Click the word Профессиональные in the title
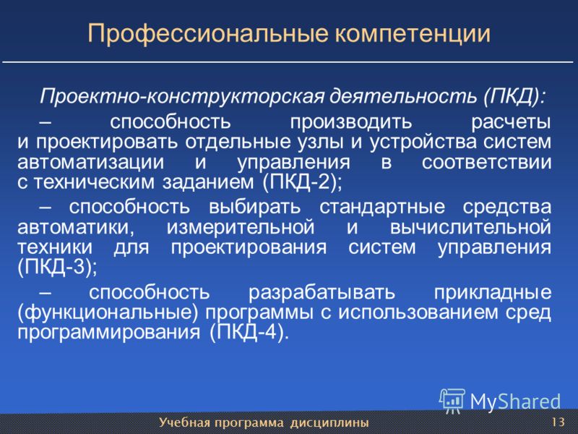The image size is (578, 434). tap(208, 34)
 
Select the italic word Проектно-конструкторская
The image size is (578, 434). tap(182, 97)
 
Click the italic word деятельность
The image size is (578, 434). tap(402, 97)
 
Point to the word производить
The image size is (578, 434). tap(350, 122)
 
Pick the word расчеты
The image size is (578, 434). tap(512, 123)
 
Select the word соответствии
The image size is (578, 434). tap(486, 163)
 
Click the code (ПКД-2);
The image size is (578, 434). tap(302, 182)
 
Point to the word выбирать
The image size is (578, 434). tap(255, 207)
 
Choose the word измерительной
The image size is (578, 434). tap(241, 227)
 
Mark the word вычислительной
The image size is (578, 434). tap(471, 227)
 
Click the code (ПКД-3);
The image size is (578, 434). tap(58, 268)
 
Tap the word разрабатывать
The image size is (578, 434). tap(322, 293)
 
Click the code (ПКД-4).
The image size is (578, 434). tap(248, 333)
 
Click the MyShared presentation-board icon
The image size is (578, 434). tap(452, 401)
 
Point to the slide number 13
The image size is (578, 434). tap(558, 422)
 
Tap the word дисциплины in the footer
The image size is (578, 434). tap(329, 422)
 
